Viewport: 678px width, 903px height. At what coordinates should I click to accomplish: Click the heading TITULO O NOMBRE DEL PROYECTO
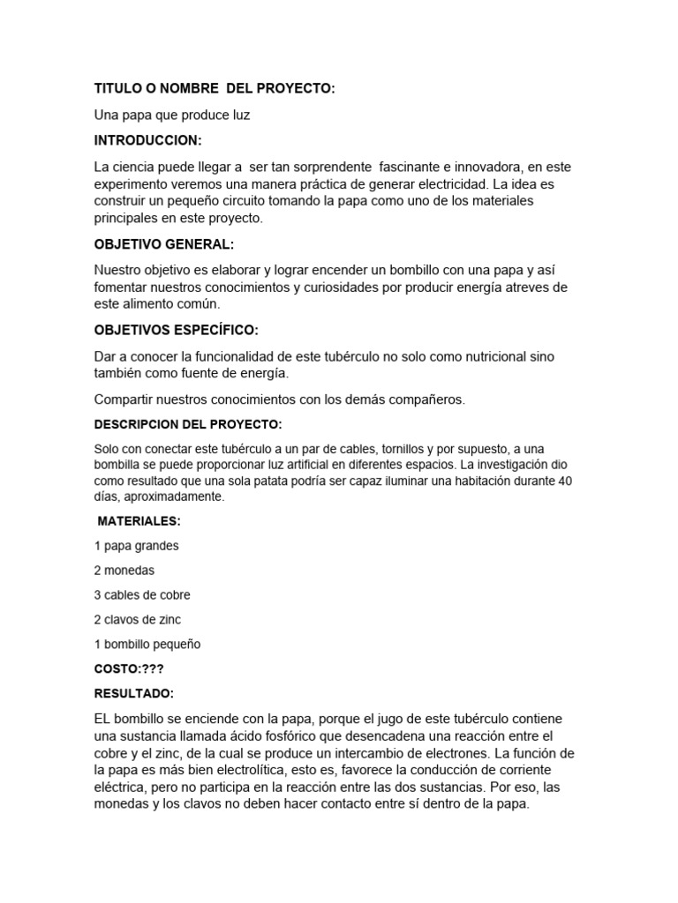click(x=215, y=89)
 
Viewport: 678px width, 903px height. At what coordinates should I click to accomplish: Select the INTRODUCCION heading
click(x=147, y=140)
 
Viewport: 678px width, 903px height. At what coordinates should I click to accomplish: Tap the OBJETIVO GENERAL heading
click(x=164, y=243)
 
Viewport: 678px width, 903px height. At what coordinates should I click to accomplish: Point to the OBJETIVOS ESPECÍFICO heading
click(x=176, y=330)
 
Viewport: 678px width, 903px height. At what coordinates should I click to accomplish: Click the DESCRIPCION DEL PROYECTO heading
click(x=187, y=424)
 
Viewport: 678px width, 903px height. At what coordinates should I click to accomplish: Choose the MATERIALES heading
click(x=139, y=521)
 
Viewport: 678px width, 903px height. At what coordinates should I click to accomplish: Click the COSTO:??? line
click(x=129, y=668)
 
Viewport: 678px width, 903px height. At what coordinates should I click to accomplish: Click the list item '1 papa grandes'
click(x=136, y=546)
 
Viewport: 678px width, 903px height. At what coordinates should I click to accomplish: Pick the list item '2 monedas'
click(x=124, y=571)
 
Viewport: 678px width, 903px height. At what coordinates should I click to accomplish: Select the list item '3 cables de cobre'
click(x=141, y=595)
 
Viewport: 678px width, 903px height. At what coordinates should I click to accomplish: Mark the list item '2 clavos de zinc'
click(x=137, y=620)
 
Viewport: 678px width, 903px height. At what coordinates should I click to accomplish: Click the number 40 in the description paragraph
click(x=566, y=481)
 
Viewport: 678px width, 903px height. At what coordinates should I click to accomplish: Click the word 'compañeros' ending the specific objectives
click(x=427, y=399)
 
